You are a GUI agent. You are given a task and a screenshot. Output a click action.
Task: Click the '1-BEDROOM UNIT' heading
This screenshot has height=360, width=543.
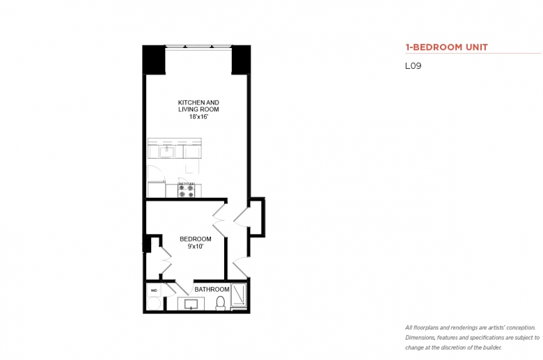(446, 47)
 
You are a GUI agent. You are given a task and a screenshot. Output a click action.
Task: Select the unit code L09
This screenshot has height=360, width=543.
(413, 66)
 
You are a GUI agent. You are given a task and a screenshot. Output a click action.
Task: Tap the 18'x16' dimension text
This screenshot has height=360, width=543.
(198, 117)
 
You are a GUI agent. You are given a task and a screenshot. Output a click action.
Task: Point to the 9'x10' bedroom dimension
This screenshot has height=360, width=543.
(196, 246)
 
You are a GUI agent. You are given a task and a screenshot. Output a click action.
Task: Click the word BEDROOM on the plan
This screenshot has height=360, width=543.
(196, 239)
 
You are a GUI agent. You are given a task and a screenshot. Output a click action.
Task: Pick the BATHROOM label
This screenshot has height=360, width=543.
(212, 289)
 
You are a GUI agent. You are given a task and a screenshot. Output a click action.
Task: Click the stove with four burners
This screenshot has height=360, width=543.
(186, 190)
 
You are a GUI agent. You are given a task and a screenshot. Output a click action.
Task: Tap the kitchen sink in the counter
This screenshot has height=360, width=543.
(166, 151)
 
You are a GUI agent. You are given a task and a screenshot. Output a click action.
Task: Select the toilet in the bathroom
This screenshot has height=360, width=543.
(220, 303)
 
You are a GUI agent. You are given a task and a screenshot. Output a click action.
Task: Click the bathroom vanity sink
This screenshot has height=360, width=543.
(191, 304)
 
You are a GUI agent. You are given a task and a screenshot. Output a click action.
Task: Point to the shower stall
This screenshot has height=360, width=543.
(239, 295)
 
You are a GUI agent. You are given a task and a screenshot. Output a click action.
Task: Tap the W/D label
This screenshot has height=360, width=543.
(154, 290)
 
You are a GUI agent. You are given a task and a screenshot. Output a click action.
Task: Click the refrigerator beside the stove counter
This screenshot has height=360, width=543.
(156, 189)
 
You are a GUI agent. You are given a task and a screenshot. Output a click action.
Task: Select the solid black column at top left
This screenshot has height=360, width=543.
(154, 59)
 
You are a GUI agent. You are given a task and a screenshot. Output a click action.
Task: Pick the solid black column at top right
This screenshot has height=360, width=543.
(241, 59)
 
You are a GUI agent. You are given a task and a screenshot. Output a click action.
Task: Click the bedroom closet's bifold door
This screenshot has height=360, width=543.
(166, 260)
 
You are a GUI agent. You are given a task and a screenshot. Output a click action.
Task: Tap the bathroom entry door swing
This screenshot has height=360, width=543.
(183, 288)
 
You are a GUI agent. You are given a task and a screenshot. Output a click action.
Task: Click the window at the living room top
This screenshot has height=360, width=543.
(198, 47)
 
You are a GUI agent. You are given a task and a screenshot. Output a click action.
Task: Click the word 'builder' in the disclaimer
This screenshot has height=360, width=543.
(491, 347)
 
